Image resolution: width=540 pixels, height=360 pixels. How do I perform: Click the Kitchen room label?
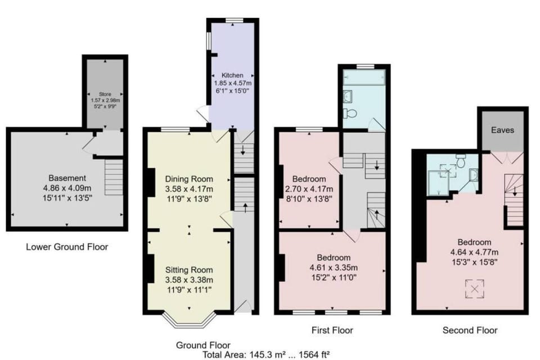(x=232, y=75)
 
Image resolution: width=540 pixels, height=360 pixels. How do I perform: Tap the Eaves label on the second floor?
(x=502, y=130)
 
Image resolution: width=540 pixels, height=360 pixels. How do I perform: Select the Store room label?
(x=105, y=94)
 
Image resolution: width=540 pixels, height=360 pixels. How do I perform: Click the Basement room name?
(x=67, y=178)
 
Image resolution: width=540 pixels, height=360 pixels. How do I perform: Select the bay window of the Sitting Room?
(x=188, y=322)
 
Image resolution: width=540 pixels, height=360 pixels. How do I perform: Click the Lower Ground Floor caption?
(x=67, y=246)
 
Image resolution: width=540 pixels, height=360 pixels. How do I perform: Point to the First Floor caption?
(x=332, y=330)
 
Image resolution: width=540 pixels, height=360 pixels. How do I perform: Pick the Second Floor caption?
(x=470, y=330)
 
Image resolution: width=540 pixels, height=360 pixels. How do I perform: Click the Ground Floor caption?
(x=203, y=345)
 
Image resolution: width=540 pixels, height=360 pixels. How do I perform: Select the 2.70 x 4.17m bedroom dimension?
(x=309, y=188)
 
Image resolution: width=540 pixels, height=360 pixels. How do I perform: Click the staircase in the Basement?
(x=114, y=176)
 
